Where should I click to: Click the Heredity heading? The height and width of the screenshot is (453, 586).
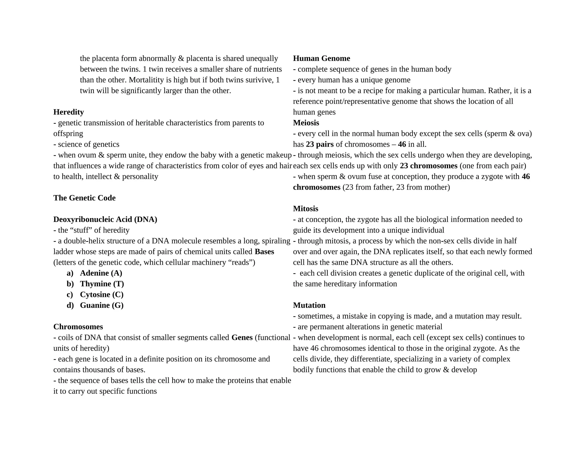68,112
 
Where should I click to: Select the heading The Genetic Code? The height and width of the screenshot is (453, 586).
84,198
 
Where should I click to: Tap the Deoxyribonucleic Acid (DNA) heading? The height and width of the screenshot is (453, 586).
105,219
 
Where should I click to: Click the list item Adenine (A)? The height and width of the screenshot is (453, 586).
101,273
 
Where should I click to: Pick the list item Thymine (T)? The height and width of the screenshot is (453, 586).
102,284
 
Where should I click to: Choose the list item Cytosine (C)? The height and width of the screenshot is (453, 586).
102,295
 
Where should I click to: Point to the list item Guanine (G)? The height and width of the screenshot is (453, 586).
102,305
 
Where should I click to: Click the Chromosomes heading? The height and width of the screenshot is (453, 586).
78,327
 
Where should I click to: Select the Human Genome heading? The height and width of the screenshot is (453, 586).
321,58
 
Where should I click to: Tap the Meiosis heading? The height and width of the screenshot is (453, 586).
306,123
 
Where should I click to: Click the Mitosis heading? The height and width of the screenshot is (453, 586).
305,209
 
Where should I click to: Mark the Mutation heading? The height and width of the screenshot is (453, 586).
309,305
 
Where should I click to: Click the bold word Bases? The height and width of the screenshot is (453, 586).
264,252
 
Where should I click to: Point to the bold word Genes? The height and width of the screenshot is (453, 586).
242,338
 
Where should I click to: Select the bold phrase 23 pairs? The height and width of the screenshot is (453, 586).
320,144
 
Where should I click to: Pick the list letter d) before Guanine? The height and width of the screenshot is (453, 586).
70,305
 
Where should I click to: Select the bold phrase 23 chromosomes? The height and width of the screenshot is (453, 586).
428,166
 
